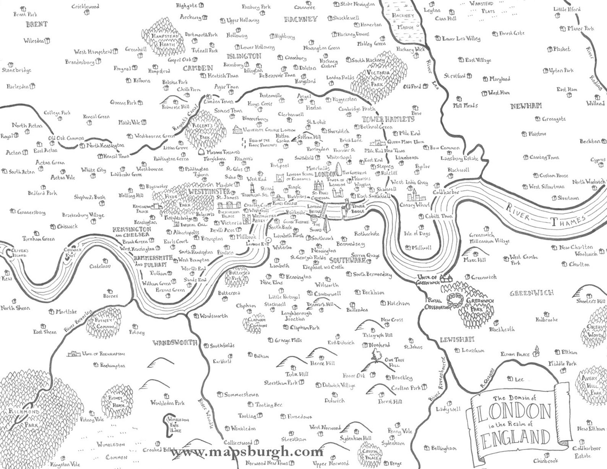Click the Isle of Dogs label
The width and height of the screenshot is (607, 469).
click(x=417, y=233)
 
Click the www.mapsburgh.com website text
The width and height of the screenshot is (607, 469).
click(x=247, y=452)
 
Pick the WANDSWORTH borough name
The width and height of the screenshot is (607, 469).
click(x=175, y=342)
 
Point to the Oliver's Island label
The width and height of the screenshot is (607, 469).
click(x=18, y=253)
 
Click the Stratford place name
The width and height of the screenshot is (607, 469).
click(x=454, y=76)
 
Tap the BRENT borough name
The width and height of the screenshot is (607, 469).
click(x=37, y=24)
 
